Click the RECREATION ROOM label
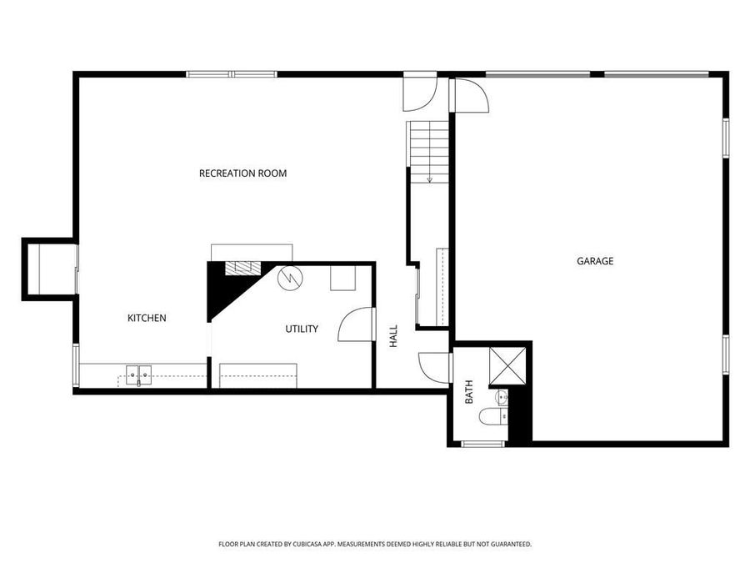[242, 173]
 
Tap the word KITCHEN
[147, 318]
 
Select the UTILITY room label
[302, 329]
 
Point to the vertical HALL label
[393, 336]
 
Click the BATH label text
[468, 392]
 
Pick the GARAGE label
[595, 261]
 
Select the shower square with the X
[507, 364]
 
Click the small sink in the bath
[501, 396]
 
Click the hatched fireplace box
[242, 269]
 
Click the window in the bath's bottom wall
[483, 443]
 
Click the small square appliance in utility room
[342, 278]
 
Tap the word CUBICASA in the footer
[305, 544]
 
